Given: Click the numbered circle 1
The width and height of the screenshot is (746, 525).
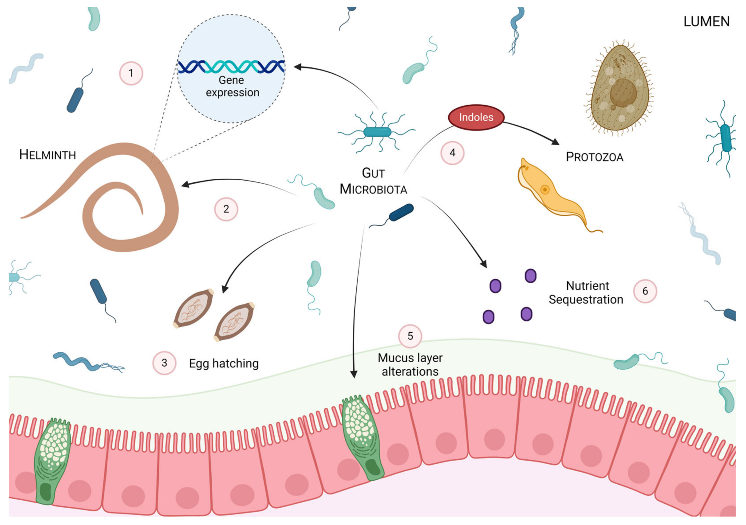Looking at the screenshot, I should [131, 73].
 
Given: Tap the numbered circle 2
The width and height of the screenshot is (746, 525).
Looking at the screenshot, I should [226, 209].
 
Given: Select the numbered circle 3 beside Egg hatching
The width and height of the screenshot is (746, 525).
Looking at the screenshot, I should [164, 363].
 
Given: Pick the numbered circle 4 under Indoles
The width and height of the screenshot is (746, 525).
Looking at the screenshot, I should [452, 153].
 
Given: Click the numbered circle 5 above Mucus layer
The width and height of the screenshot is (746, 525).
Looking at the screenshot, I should [410, 336].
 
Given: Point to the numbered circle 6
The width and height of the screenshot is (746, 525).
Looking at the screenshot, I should [645, 291].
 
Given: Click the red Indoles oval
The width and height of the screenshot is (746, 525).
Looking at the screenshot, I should [476, 117].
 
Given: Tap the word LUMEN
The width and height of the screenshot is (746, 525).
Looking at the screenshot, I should [706, 22].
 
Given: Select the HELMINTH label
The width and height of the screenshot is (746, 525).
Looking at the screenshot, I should [47, 155].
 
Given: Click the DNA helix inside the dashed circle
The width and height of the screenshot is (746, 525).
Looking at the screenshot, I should [231, 66].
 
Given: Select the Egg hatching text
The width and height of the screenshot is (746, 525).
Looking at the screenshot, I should [224, 363].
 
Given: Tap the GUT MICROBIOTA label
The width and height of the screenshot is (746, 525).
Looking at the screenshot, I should [373, 181].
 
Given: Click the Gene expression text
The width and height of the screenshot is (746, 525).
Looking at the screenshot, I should [232, 86].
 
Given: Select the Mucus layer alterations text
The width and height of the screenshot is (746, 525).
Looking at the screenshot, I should [410, 365].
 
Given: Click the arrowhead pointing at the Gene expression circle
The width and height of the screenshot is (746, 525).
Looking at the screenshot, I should [297, 67].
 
